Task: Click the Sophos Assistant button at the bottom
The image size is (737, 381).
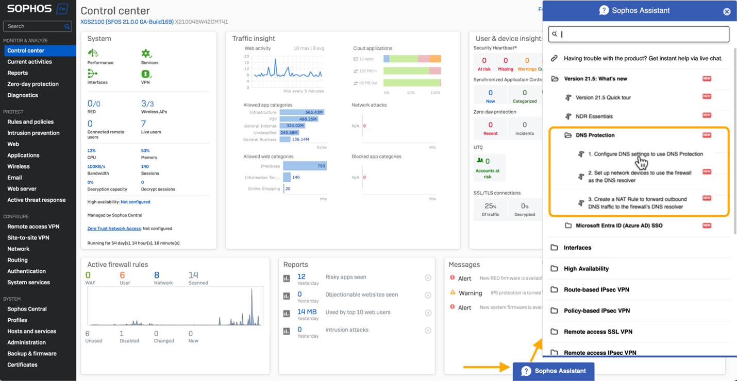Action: (554, 371)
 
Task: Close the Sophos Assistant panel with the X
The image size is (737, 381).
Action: (727, 11)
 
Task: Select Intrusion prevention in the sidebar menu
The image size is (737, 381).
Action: (33, 133)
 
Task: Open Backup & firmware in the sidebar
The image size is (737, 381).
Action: (32, 354)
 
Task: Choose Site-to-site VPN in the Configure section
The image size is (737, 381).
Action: (28, 238)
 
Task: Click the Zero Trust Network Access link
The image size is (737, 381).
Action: (114, 229)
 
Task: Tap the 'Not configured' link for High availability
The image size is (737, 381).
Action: (135, 202)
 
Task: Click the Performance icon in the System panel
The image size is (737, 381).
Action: (93, 54)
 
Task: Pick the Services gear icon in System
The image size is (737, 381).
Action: (146, 54)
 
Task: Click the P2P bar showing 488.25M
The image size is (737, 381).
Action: (298, 119)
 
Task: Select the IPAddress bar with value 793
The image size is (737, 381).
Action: (305, 166)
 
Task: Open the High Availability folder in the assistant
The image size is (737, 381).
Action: (586, 269)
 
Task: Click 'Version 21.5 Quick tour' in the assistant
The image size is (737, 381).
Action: (603, 97)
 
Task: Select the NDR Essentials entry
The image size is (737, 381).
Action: (594, 116)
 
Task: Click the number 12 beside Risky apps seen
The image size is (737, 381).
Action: (301, 277)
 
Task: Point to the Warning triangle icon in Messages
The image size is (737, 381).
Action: (453, 292)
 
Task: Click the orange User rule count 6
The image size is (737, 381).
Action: (122, 275)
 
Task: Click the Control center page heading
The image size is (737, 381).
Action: (115, 11)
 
